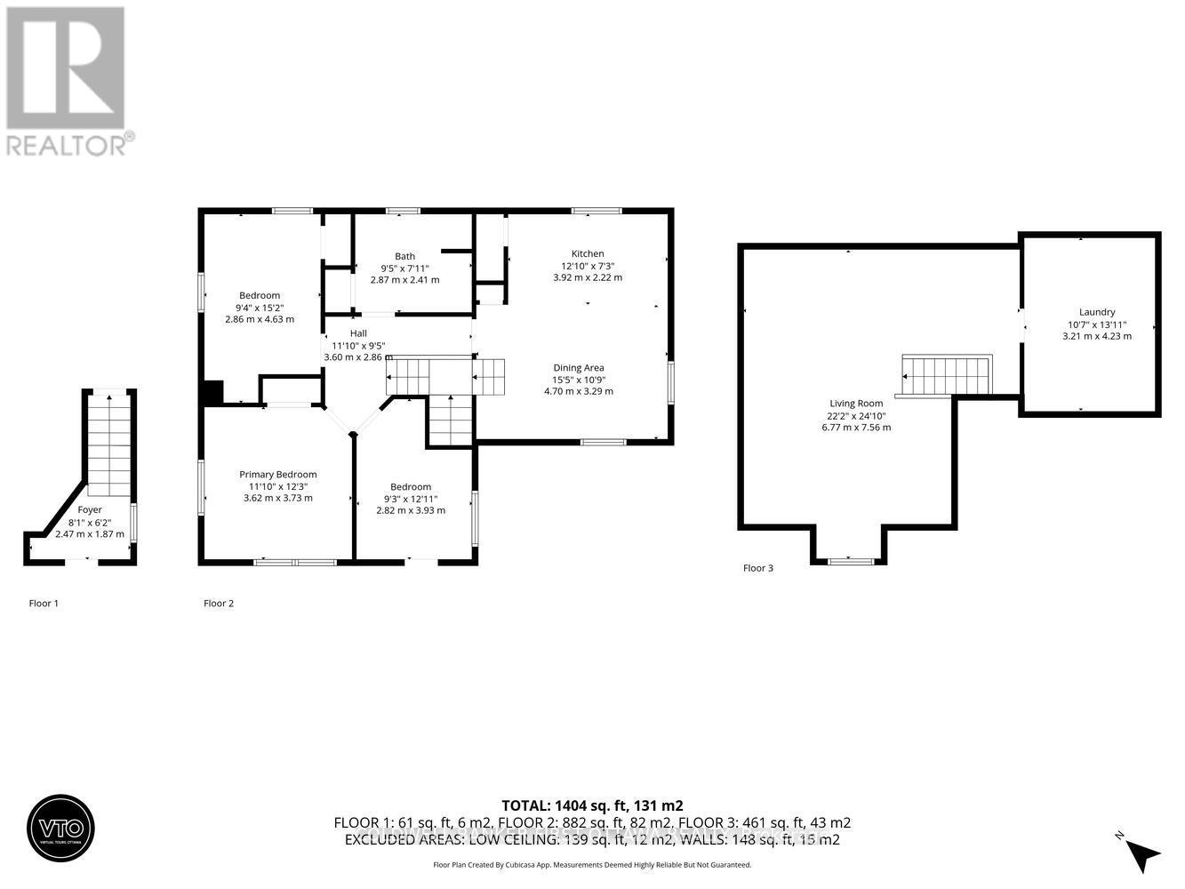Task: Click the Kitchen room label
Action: pos(588,253)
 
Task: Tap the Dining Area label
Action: pos(579,367)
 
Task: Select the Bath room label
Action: pos(404,256)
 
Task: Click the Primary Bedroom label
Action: pos(277,474)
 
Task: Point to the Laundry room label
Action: pos(1097,312)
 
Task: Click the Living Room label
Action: pos(856,403)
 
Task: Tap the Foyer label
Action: pos(90,509)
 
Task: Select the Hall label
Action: pos(358,333)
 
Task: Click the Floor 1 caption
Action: pos(44,603)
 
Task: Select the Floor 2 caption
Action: pos(219,603)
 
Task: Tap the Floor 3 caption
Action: pos(758,567)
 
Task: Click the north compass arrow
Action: pos(1143,854)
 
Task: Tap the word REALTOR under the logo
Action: pos(67,144)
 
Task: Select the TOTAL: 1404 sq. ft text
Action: pos(592,805)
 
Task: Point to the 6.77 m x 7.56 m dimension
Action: pos(856,428)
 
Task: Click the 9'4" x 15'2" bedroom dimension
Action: pos(260,308)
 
